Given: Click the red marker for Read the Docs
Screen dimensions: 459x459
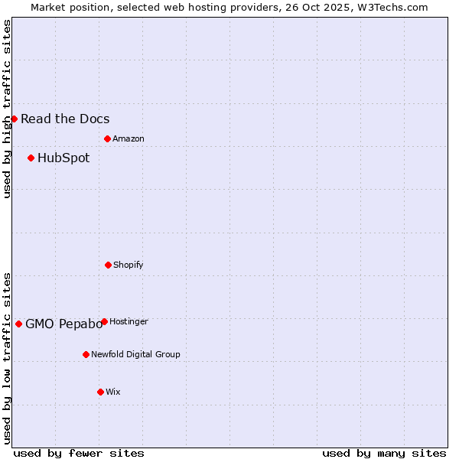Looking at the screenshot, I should [14, 119].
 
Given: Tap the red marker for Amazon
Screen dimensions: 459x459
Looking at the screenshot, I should [107, 138].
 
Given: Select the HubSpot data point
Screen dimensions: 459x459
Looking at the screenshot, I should [31, 158].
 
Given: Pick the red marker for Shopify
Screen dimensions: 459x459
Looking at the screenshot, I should [108, 265].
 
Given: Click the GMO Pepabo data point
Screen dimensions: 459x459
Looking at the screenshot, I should [18, 324].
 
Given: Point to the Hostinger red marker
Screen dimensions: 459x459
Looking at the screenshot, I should [104, 321].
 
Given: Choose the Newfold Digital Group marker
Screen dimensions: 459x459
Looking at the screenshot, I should [86, 354].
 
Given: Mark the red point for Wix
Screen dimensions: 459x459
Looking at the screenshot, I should [100, 392].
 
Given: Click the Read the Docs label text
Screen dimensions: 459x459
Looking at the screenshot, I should [65, 119].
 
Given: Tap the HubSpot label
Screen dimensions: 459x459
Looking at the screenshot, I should [63, 158].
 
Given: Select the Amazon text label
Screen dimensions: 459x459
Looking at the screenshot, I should [129, 139].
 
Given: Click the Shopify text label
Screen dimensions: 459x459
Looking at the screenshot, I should [129, 265].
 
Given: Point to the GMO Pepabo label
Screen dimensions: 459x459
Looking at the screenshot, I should [63, 324].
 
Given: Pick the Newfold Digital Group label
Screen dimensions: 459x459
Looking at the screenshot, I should [135, 355].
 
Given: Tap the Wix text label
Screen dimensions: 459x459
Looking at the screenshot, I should [113, 392].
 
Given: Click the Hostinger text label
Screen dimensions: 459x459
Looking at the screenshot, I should [129, 322].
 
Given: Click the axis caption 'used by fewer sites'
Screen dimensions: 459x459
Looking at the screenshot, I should [79, 453].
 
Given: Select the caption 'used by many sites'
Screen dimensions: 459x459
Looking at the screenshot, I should [384, 453].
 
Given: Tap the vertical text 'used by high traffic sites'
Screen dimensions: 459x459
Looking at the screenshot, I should [7, 109].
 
